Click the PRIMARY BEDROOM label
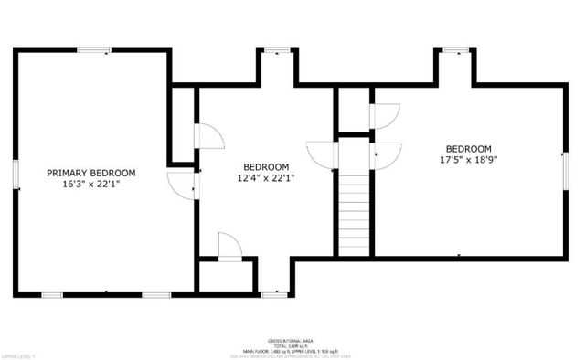click(x=91, y=173)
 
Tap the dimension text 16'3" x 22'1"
click(x=91, y=185)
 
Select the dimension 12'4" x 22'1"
click(x=266, y=178)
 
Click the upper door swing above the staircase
click(x=384, y=116)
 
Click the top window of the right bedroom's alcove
click(x=453, y=51)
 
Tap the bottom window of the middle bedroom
click(x=273, y=293)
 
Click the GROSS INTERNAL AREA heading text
click(x=291, y=337)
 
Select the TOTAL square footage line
click(x=291, y=343)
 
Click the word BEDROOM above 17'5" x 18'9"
click(x=469, y=149)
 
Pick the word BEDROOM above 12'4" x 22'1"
click(x=266, y=166)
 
